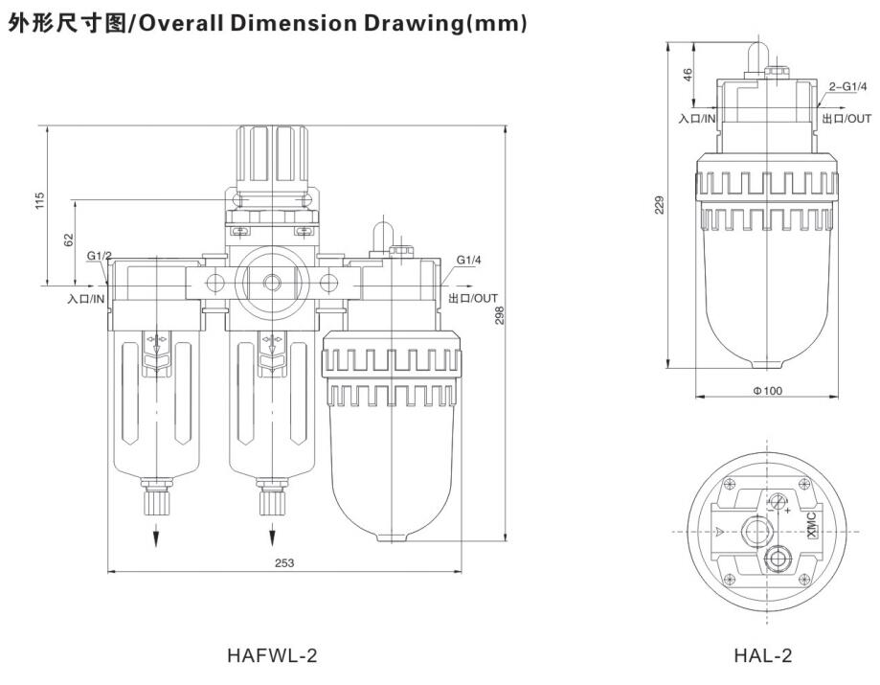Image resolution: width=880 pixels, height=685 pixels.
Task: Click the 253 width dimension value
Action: (x=284, y=563)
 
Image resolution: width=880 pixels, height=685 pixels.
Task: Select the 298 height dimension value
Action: (x=499, y=311)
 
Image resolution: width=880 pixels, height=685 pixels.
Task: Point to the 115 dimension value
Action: (x=39, y=201)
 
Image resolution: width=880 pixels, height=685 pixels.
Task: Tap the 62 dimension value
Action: (x=68, y=240)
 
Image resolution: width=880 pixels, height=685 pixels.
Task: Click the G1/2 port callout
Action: (x=99, y=257)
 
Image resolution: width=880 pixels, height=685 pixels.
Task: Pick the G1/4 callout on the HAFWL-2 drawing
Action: (x=468, y=260)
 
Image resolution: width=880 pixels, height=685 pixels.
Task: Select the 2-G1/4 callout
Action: (x=847, y=87)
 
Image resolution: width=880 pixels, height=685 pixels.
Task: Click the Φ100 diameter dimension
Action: (x=767, y=390)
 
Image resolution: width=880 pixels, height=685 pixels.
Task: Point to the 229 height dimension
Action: (x=660, y=204)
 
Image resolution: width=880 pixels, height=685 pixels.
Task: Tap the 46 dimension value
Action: (x=687, y=76)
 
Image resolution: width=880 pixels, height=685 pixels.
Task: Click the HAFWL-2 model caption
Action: (x=272, y=656)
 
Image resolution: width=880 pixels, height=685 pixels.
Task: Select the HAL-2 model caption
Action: (x=763, y=656)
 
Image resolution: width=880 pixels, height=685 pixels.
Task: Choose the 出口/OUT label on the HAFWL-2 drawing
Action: (x=473, y=299)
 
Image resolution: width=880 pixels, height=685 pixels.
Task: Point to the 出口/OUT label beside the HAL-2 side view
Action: (x=846, y=119)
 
